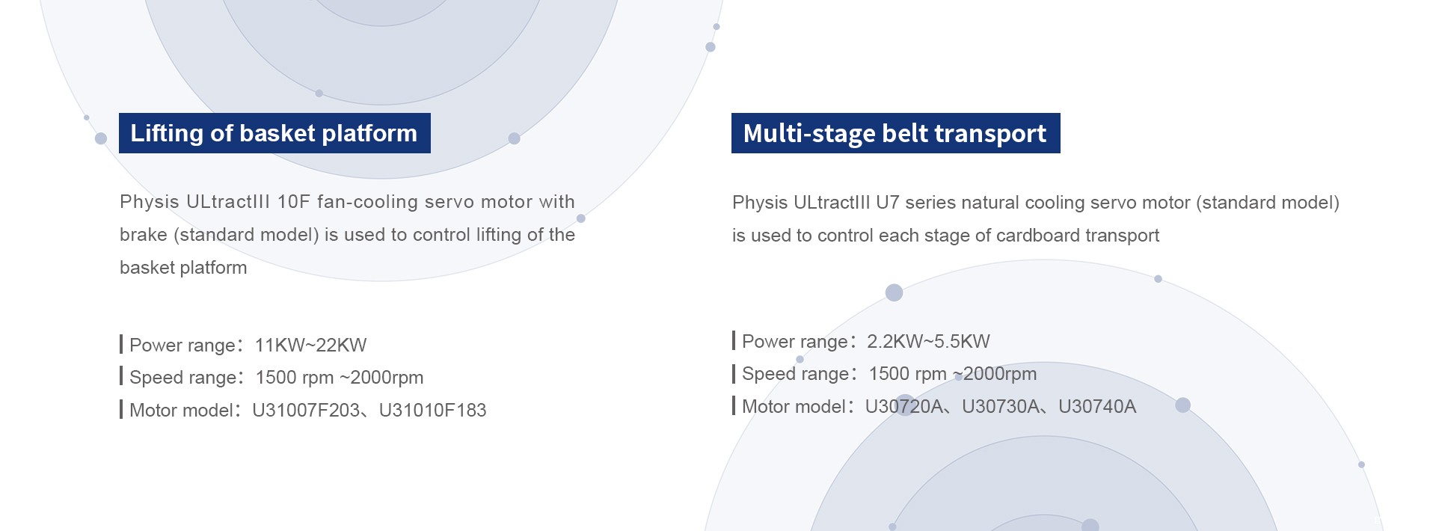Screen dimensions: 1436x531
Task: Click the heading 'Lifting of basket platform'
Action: pyautogui.click(x=274, y=133)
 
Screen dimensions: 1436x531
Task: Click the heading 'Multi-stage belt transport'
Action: pyautogui.click(x=895, y=133)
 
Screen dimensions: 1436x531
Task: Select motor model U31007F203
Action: pyautogui.click(x=306, y=410)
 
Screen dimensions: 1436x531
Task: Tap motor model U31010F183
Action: pyautogui.click(x=432, y=410)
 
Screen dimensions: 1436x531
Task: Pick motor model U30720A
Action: pyautogui.click(x=903, y=406)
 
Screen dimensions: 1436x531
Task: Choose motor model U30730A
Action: pyautogui.click(x=1001, y=406)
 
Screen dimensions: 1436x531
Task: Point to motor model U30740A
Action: pyautogui.click(x=1097, y=406)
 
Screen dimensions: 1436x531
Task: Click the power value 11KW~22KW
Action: pyautogui.click(x=310, y=345)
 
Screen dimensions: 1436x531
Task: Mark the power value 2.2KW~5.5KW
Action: pyautogui.click(x=928, y=341)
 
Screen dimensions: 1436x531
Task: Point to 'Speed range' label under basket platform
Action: pyautogui.click(x=182, y=378)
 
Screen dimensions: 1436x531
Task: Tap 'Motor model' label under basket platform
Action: pyautogui.click(x=181, y=410)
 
